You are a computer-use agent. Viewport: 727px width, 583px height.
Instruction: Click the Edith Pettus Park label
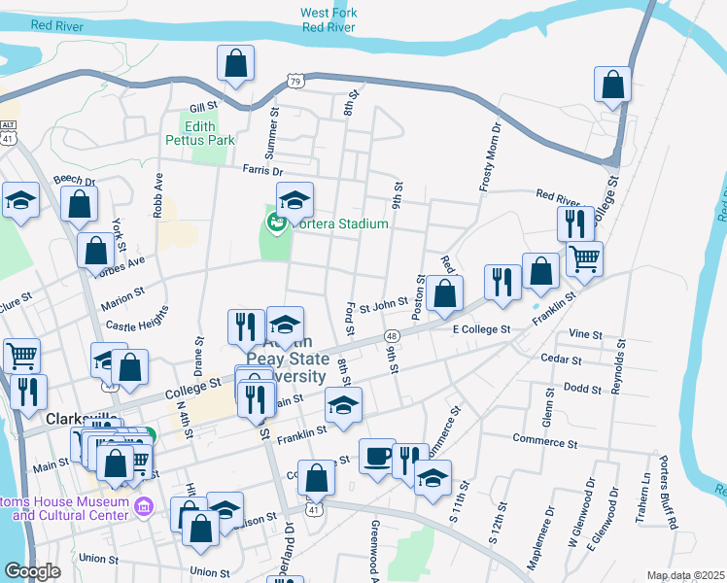[x=208, y=132]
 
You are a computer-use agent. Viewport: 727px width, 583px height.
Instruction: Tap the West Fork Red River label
[x=328, y=20]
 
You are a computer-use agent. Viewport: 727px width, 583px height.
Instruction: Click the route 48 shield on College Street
[x=391, y=335]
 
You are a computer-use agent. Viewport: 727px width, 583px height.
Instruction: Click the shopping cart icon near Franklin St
[x=584, y=257]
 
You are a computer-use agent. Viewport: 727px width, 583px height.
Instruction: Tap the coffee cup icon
[x=377, y=456]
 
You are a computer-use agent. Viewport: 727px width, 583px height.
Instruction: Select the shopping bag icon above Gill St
[x=235, y=64]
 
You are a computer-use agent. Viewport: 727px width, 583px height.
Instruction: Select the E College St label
[x=481, y=330]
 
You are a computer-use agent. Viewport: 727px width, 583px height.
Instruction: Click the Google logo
[x=32, y=571]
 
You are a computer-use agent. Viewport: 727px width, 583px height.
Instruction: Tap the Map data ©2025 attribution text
[x=686, y=575]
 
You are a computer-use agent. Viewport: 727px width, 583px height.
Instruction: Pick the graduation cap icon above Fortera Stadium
[x=294, y=200]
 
